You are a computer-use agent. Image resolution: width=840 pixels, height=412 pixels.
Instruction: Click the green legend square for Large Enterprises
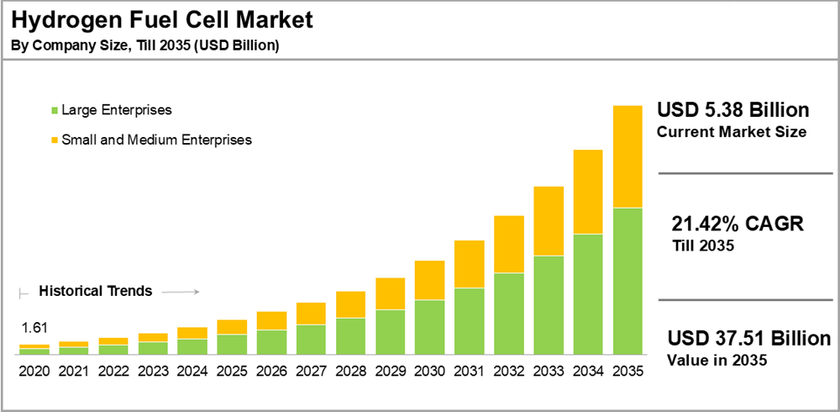coord(55,110)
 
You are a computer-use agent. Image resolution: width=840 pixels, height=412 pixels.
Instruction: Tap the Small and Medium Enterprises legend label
coord(157,140)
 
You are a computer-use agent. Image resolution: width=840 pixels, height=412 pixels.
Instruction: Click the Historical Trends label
coord(96,291)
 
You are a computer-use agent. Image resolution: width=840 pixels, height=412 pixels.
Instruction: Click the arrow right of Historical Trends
coord(179,292)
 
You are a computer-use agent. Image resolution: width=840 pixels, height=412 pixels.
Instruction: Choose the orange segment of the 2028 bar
coord(350,304)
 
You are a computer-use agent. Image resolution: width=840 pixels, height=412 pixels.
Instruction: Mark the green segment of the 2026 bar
coord(271,341)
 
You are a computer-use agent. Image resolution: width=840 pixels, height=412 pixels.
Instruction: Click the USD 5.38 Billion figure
coord(732,110)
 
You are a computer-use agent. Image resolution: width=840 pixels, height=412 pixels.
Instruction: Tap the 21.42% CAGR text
coord(738,224)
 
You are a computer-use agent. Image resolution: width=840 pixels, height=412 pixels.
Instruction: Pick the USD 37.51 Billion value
coord(749,338)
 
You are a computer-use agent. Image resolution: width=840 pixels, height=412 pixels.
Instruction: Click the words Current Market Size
coord(732,132)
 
